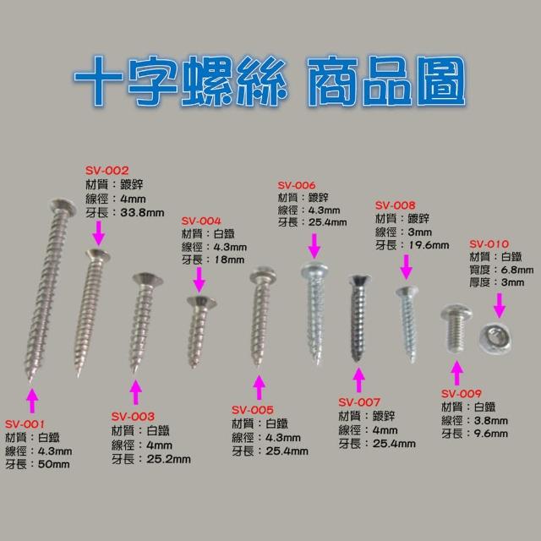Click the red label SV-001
pyautogui.click(x=25, y=424)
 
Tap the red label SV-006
pyautogui.click(x=297, y=185)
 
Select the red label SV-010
pyautogui.click(x=489, y=244)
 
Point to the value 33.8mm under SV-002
pyautogui.click(x=142, y=212)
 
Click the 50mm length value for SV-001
pyautogui.click(x=54, y=464)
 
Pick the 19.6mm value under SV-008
pyautogui.click(x=429, y=245)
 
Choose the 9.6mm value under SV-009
pyautogui.click(x=490, y=434)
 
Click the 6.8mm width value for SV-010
pyautogui.click(x=516, y=270)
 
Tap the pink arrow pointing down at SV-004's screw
pyautogui.click(x=199, y=280)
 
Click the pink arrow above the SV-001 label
pyautogui.click(x=32, y=400)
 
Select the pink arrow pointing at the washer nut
pyautogui.click(x=499, y=305)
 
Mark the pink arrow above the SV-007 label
pyautogui.click(x=359, y=380)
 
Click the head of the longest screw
pyautogui.click(x=63, y=206)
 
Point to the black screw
pyautogui.click(x=358, y=318)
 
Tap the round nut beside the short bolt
pyautogui.click(x=495, y=338)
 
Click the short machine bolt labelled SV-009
pyautogui.click(x=456, y=328)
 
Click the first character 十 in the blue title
pyautogui.click(x=98, y=81)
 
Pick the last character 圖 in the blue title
pyautogui.click(x=441, y=81)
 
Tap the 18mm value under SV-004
pyautogui.click(x=229, y=260)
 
